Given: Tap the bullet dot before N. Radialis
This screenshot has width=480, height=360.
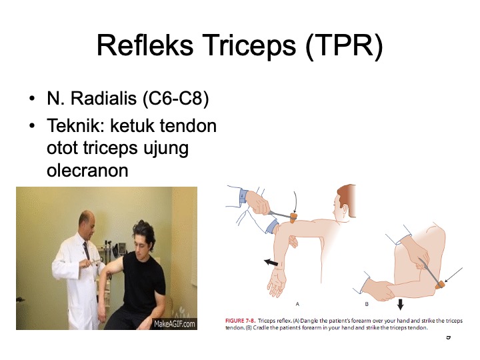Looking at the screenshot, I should click(32, 101).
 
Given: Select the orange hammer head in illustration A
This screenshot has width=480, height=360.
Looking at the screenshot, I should click(293, 217).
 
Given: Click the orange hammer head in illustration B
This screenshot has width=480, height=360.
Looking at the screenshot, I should click(439, 285).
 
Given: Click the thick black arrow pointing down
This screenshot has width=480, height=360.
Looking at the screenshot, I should click(400, 305).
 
